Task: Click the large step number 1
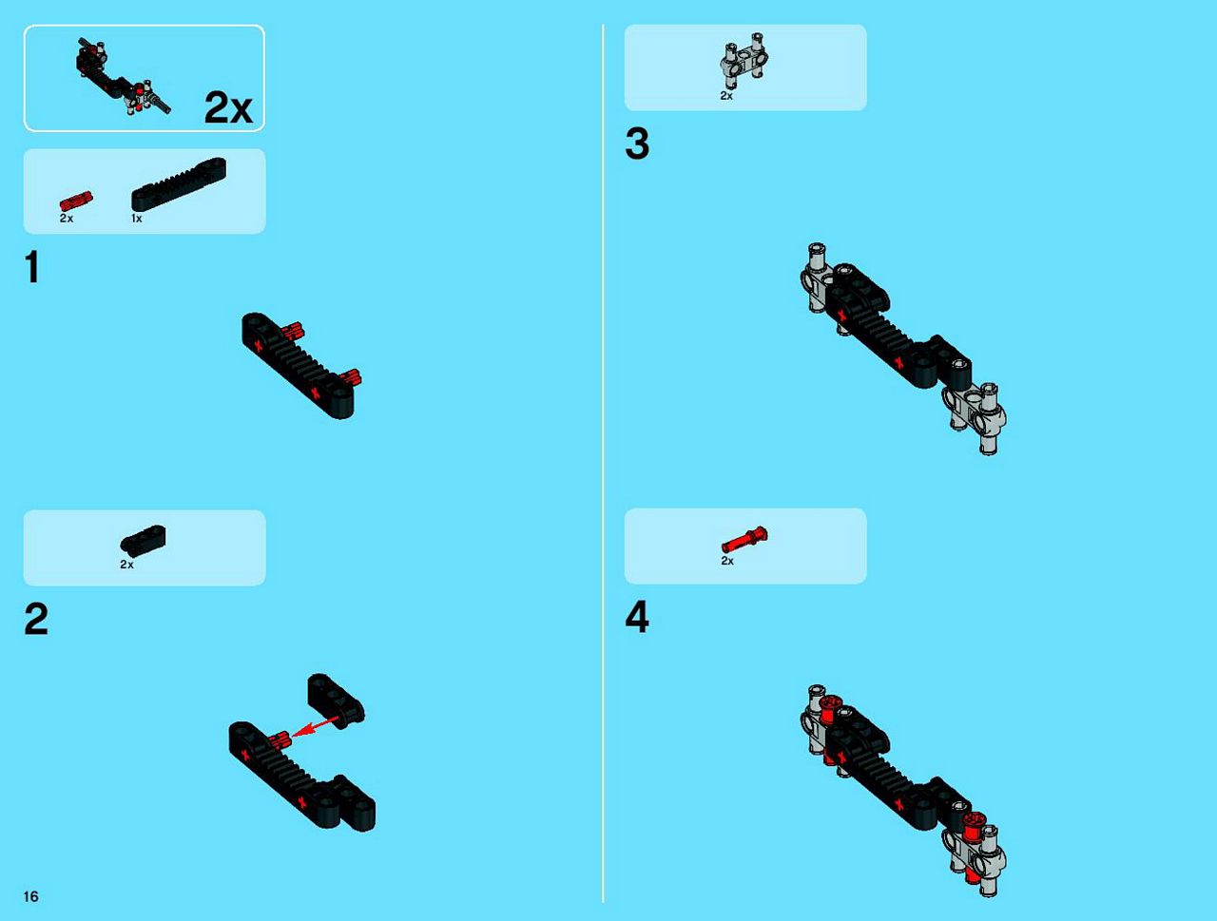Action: pos(32,267)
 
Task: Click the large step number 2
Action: pos(36,619)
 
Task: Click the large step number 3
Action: pos(637,144)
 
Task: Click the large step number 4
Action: pos(637,617)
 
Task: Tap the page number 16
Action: pos(31,896)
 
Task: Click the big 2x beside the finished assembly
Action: pos(228,107)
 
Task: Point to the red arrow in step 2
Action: pos(316,726)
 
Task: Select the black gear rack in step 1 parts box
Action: pos(179,184)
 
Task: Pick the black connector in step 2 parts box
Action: pos(143,540)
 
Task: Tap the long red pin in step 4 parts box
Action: pos(744,540)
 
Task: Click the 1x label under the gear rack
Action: pos(136,219)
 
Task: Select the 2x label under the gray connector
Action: pos(726,96)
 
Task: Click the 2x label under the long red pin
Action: pos(727,562)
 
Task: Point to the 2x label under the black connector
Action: pos(126,565)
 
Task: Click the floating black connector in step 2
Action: pos(336,700)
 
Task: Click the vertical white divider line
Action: pos(603,463)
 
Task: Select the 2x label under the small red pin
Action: pos(67,219)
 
